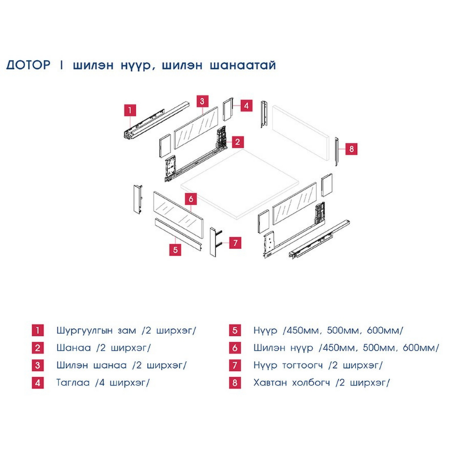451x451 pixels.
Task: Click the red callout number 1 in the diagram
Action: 130,110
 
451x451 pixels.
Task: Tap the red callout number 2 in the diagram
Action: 238,142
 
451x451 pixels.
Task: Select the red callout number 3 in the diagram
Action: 202,101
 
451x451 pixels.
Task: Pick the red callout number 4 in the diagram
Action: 246,105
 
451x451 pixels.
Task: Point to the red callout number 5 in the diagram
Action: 175,250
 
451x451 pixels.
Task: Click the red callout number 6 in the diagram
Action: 191,199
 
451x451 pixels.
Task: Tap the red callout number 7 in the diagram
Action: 236,243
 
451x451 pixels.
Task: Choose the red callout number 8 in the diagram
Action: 351,149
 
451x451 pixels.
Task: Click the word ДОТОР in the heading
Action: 29,65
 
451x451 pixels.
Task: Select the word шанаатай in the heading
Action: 243,66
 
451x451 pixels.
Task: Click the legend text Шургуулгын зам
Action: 96,331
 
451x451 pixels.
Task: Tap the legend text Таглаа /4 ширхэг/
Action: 103,383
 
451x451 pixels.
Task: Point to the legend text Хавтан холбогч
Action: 291,383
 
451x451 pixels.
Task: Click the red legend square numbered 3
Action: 38,365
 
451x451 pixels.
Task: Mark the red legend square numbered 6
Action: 235,348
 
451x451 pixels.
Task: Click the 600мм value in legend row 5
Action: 385,330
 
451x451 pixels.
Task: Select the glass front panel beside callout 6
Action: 178,214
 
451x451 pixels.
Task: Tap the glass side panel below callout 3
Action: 196,128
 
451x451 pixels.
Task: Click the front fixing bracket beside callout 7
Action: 215,242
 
